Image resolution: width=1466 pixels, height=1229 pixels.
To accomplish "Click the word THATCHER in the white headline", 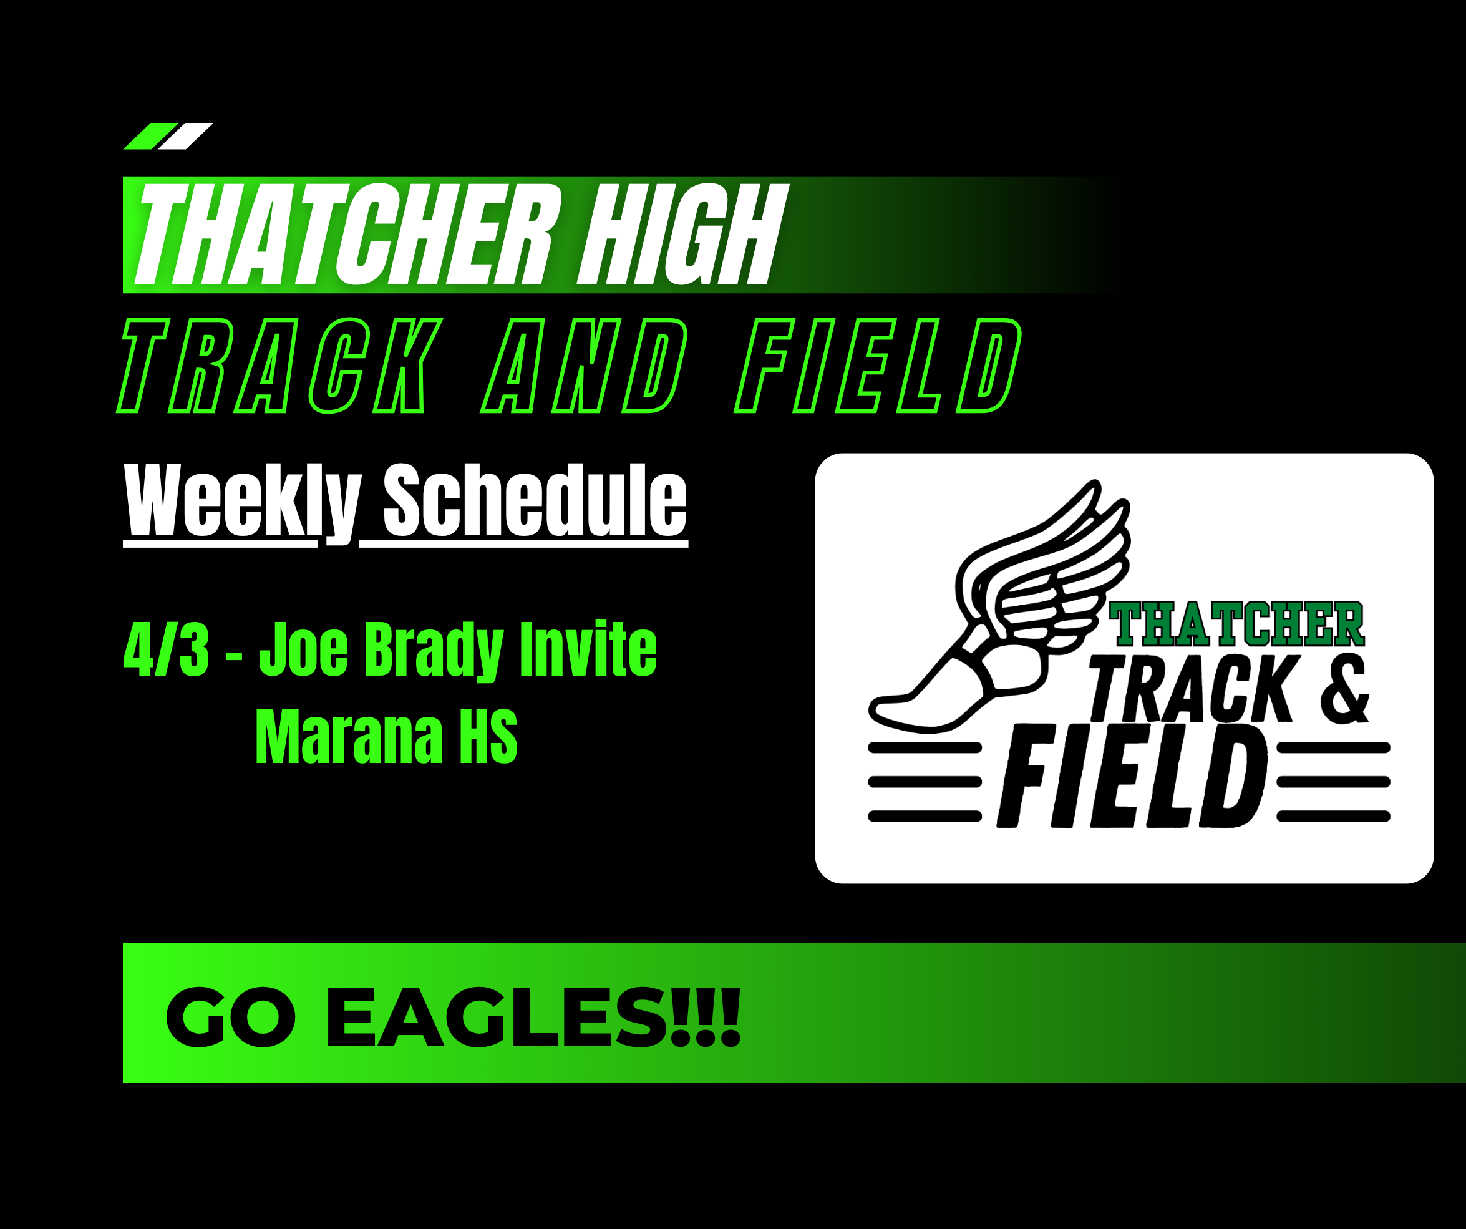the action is (347, 235).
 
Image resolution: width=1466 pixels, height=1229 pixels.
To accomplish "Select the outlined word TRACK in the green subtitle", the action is (279, 365).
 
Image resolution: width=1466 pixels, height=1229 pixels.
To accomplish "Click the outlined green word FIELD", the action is (878, 365).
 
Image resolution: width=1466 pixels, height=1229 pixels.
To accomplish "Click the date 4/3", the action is (166, 649).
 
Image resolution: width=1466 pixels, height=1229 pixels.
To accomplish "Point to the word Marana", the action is (349, 737).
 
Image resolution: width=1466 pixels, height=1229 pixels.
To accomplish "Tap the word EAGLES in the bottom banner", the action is (533, 1018).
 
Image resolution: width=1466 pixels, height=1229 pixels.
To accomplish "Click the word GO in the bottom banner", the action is (231, 1018).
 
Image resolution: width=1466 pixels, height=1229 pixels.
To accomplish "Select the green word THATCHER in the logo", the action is (1236, 624).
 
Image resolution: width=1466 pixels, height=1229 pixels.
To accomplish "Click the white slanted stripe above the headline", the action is (185, 136).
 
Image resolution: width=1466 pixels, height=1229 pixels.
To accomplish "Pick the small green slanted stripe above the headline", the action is (151, 136).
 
